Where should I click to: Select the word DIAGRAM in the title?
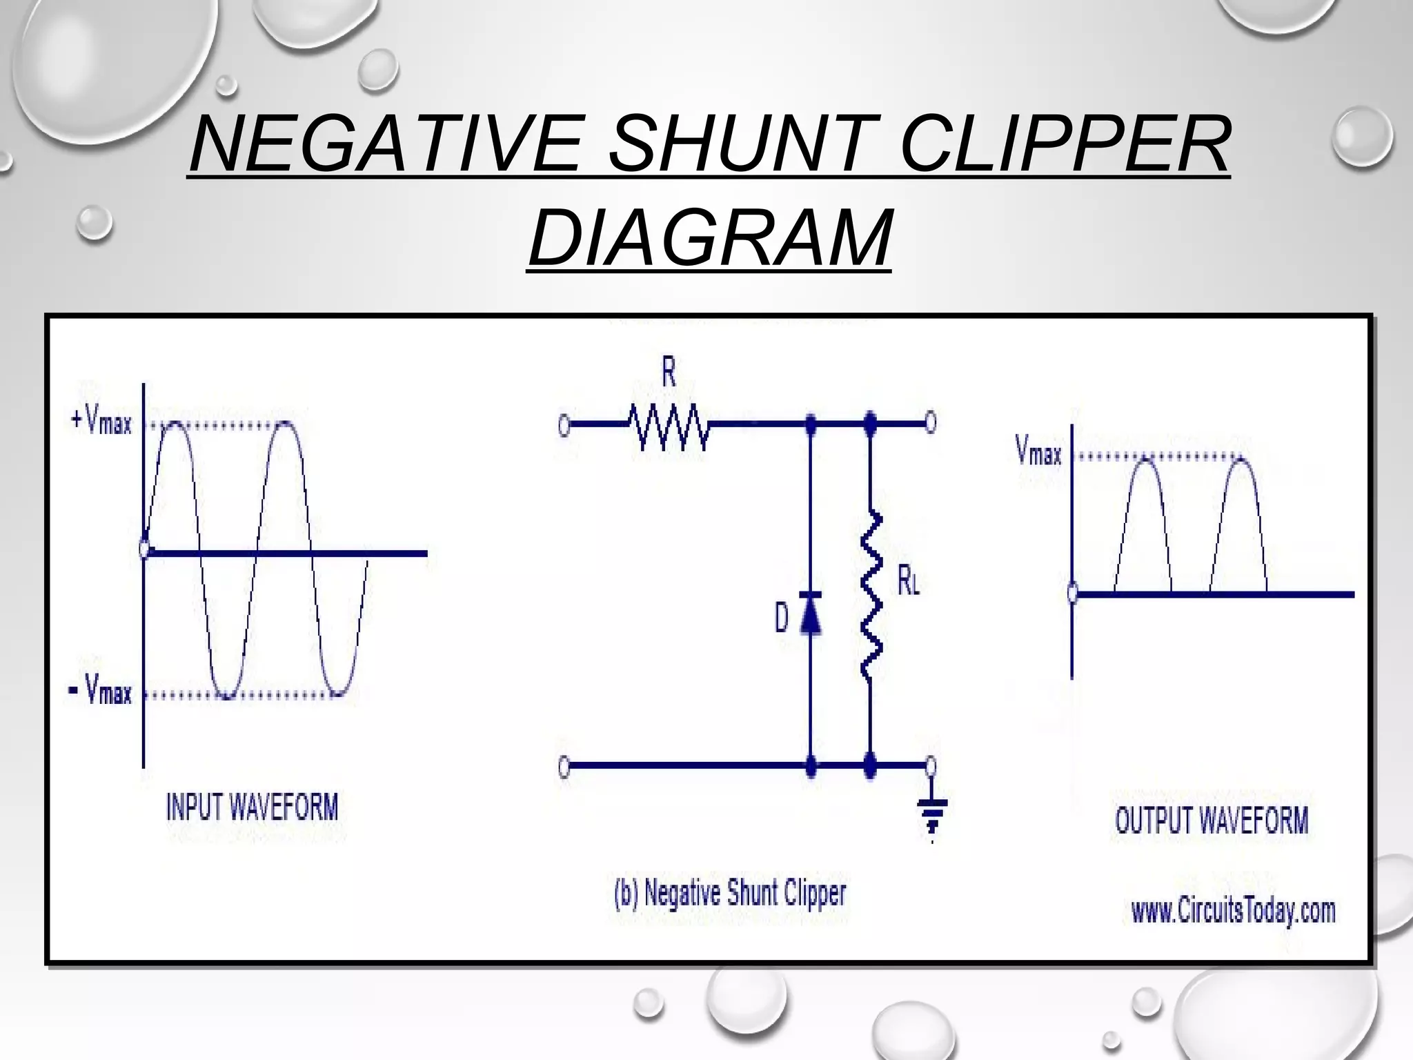[x=709, y=238]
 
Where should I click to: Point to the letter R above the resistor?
[x=669, y=373]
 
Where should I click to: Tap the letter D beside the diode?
[x=781, y=618]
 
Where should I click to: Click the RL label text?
[x=908, y=581]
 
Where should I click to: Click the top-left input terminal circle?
[x=564, y=426]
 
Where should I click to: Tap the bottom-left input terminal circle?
[x=564, y=767]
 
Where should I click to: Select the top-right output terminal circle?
[x=930, y=421]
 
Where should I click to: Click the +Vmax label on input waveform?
[x=101, y=420]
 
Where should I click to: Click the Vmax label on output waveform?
[x=1038, y=452]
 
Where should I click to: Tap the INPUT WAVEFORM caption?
[x=253, y=807]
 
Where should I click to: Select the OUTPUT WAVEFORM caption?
[x=1212, y=821]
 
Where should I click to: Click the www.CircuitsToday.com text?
[x=1234, y=911]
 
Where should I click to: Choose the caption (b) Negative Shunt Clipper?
[x=730, y=893]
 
